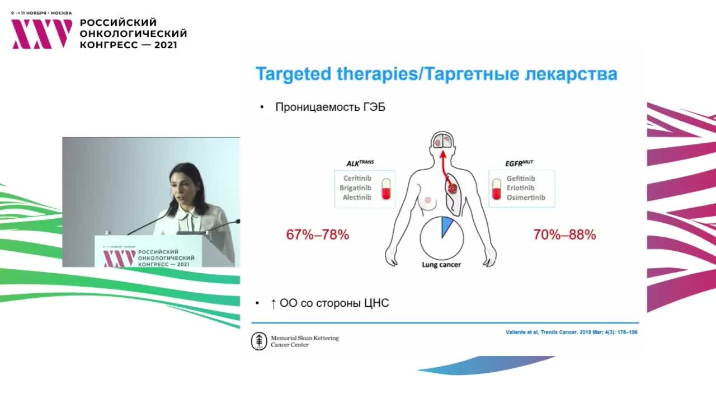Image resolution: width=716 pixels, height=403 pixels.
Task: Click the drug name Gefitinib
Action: (x=521, y=178)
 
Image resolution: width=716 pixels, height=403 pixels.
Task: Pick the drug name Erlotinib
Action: (x=520, y=188)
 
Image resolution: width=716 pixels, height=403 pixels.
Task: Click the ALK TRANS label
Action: (x=360, y=163)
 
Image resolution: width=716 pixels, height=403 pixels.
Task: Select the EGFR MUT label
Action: (x=519, y=163)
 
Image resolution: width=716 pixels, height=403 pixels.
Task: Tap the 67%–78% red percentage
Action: (x=318, y=235)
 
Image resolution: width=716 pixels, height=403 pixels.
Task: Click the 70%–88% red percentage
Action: (x=565, y=235)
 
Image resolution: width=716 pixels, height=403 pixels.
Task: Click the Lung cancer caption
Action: (x=441, y=265)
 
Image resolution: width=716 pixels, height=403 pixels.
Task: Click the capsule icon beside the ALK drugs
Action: (x=385, y=189)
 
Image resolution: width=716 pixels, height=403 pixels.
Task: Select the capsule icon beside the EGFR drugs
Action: (x=495, y=189)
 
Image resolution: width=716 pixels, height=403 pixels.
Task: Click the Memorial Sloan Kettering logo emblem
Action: (x=259, y=341)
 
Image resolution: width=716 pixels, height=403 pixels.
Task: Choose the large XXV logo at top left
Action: (x=42, y=34)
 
